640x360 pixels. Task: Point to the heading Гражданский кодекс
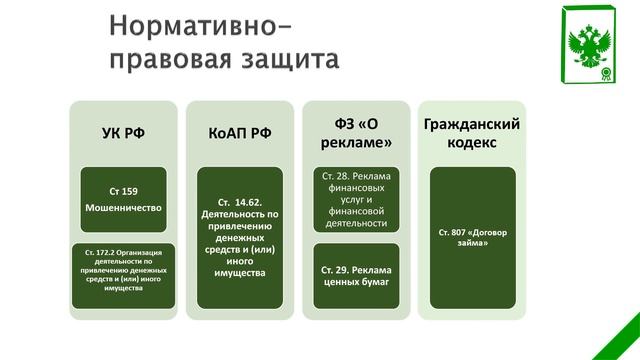click(x=472, y=133)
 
